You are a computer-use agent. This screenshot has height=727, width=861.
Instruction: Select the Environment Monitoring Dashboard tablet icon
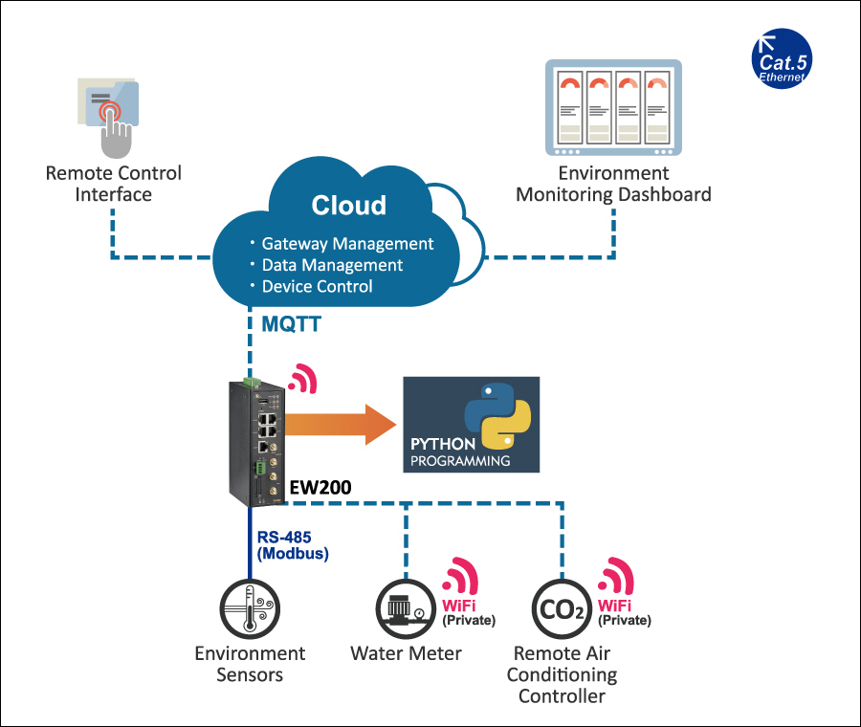613,107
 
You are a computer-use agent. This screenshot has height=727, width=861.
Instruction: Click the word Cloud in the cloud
348,206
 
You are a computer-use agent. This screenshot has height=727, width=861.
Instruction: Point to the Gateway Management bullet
346,244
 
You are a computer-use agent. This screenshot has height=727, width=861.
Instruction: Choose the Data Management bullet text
331,265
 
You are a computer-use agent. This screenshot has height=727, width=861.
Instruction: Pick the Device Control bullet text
317,286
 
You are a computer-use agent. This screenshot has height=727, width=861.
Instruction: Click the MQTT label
291,325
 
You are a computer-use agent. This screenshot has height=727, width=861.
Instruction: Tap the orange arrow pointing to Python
340,421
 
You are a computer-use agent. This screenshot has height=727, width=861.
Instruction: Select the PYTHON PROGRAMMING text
459,452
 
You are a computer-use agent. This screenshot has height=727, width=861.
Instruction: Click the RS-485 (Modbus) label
292,544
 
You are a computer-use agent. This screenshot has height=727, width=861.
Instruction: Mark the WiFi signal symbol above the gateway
302,379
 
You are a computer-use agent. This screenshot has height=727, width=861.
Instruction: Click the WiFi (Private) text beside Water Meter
468,612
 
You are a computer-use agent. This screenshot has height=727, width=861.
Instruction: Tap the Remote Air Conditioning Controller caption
562,674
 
